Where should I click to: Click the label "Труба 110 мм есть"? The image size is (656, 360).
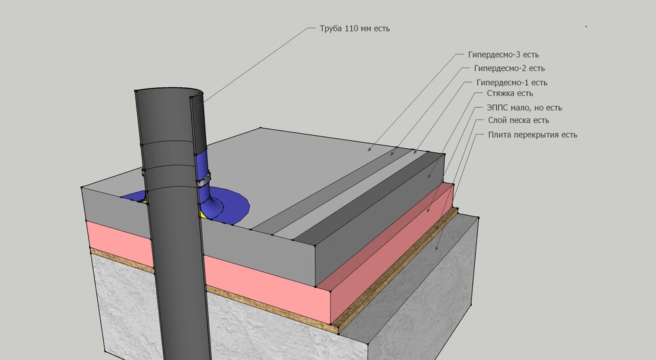355,29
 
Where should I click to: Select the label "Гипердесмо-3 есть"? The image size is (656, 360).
503,55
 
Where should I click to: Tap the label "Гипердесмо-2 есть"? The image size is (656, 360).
509,68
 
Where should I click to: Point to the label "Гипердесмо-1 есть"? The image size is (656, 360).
512,83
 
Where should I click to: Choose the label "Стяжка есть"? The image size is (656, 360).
510,93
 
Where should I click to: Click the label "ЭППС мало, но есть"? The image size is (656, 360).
524,108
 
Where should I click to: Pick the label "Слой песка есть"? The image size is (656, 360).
518,121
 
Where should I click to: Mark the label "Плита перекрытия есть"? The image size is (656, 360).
533,134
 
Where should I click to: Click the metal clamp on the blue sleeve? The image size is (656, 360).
204,180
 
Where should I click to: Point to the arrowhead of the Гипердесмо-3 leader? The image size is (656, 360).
369,149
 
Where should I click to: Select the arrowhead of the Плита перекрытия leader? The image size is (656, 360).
437,249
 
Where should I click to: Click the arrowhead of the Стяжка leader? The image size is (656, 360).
430,176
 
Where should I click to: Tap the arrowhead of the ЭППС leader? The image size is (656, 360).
428,210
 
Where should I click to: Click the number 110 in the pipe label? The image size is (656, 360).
352,29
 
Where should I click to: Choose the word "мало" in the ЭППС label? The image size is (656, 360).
520,108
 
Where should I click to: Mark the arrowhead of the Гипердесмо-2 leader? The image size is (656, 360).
392,154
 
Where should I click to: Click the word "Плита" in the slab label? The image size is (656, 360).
499,134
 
